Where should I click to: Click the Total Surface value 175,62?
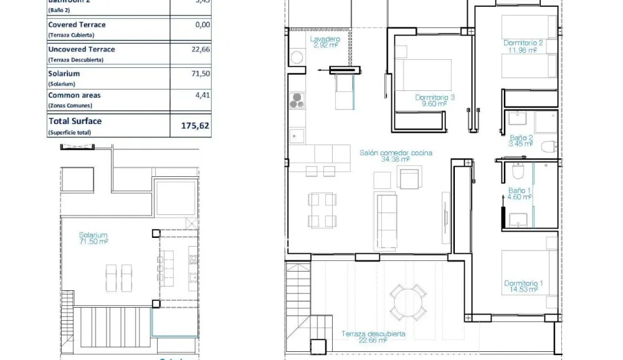click(195, 125)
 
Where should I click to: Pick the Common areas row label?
click(74, 96)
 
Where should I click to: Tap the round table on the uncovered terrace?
click(409, 301)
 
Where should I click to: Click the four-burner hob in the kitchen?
click(297, 100)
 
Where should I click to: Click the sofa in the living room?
click(386, 212)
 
